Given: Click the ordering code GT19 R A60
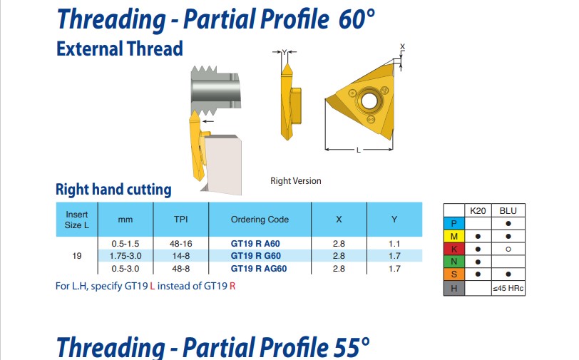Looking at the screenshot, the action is click(x=255, y=244).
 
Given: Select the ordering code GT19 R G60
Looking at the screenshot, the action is click(x=255, y=256).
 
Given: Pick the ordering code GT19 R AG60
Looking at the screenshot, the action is click(x=258, y=269).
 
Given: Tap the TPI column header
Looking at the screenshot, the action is click(x=181, y=220).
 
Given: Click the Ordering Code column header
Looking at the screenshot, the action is click(x=260, y=220).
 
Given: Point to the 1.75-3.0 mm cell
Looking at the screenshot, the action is click(x=125, y=256).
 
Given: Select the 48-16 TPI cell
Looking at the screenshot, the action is click(x=181, y=244).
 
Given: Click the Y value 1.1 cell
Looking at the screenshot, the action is click(x=394, y=244).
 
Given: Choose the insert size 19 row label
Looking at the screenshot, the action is click(x=77, y=256).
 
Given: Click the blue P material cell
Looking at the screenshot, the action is click(x=454, y=223).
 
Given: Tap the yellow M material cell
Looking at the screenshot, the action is click(x=454, y=236).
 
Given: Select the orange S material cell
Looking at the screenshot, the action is click(x=454, y=274).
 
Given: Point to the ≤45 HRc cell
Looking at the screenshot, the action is click(x=508, y=289).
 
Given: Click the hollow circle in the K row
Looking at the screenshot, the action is click(x=508, y=250).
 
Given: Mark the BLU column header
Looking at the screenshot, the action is click(x=508, y=211).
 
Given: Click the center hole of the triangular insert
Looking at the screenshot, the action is click(x=369, y=101).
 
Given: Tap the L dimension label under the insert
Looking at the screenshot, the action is click(x=358, y=150).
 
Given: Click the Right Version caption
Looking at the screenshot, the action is click(x=296, y=181).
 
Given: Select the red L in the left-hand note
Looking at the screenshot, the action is click(x=152, y=286).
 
